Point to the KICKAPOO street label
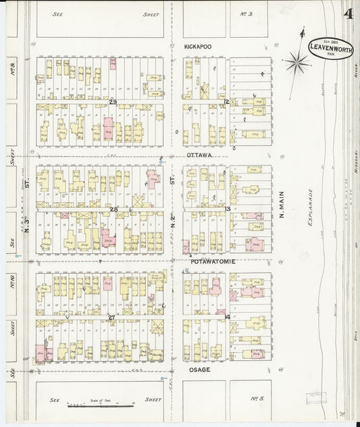pos(198,47)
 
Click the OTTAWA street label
pos(199,155)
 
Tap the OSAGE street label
pos(199,370)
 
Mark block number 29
pos(113,102)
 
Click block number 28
pos(113,209)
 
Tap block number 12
pos(228,102)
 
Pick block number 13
pos(228,209)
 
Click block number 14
pos(228,316)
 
